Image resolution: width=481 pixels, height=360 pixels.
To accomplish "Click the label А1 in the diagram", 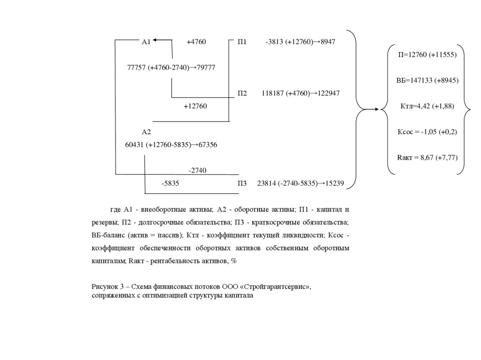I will pos(146,42).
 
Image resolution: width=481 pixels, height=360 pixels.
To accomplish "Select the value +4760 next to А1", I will pos(196,42).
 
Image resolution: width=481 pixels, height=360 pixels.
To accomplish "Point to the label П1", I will pos(242,42).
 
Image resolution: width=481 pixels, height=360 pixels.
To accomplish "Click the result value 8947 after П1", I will pos(328,42).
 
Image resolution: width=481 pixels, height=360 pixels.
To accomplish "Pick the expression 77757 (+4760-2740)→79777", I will pos(171,68).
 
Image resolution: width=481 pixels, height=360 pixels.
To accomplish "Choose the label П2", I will pos(242,93).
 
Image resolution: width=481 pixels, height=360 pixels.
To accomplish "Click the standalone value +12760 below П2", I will pos(195,106).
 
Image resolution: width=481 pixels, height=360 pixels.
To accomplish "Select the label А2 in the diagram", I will pos(146,132).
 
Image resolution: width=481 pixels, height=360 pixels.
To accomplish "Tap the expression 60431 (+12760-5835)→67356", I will pos(171,145).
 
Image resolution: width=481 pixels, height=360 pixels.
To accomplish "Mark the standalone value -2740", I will pos(197,170).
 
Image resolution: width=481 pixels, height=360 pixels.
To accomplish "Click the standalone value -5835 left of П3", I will pos(170,184).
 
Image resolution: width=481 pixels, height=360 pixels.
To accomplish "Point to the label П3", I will pos(242,184).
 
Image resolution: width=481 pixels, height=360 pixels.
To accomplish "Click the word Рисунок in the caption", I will pos(106,286).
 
